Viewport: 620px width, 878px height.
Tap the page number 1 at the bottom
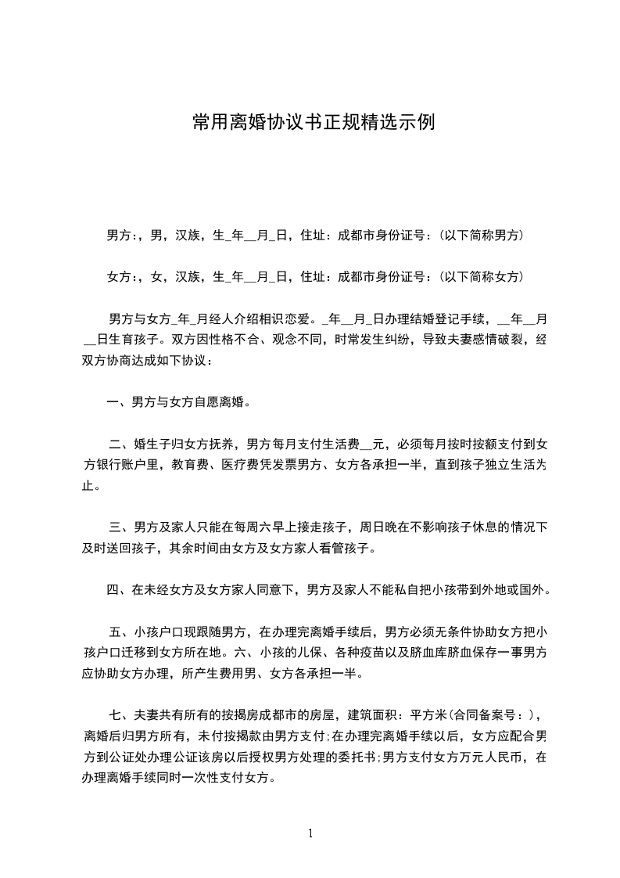310,833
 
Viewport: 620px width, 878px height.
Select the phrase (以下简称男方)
481,235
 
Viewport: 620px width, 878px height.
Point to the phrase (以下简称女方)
481,276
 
